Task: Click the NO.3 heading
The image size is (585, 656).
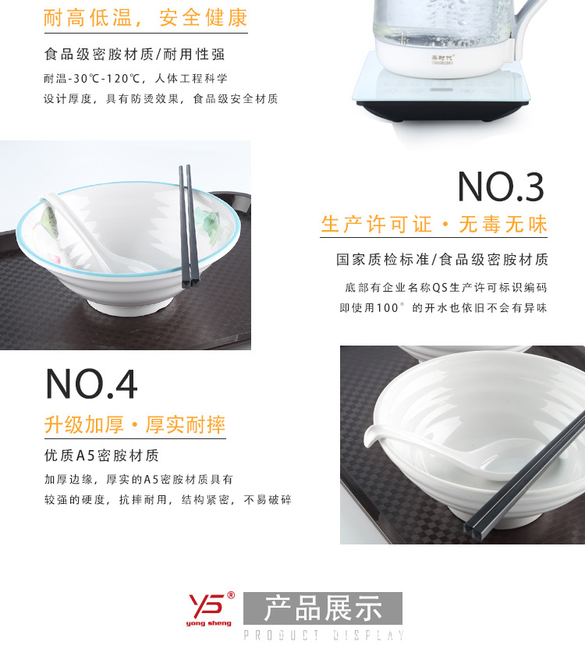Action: tap(500, 187)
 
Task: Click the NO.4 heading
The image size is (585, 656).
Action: tap(92, 384)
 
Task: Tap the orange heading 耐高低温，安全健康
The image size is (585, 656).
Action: tap(145, 18)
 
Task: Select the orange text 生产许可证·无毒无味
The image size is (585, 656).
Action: tap(434, 225)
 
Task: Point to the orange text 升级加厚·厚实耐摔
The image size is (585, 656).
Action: tap(134, 425)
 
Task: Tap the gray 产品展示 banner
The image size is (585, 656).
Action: tap(323, 608)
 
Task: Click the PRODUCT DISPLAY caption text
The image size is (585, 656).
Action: tap(324, 636)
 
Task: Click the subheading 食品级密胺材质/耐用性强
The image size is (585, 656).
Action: tap(134, 55)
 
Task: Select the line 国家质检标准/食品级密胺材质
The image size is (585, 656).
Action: tap(441, 260)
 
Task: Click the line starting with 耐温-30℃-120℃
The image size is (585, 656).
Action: tap(136, 79)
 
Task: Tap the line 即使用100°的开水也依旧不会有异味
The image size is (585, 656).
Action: tap(442, 308)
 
